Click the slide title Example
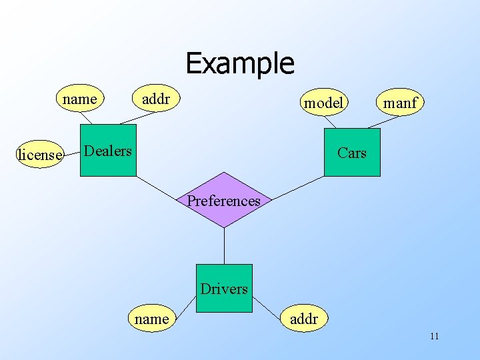point(239,63)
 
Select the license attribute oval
point(40,155)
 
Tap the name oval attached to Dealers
point(80,99)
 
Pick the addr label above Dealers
point(156,99)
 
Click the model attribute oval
point(323,102)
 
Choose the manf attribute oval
point(400,103)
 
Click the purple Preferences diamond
point(224,200)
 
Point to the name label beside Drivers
point(151,319)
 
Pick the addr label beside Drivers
point(304,319)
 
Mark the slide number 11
point(434,336)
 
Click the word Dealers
point(108,151)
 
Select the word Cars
point(352,153)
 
